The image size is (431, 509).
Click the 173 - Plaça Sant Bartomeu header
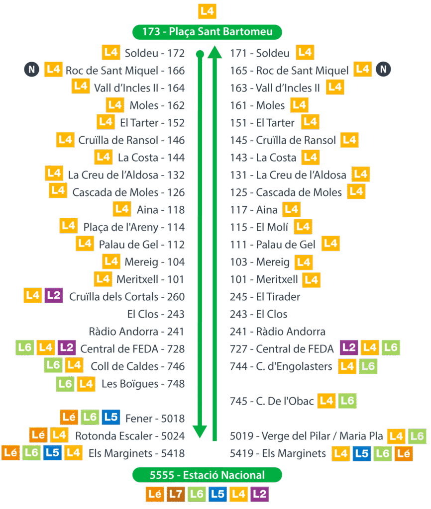pyautogui.click(x=207, y=32)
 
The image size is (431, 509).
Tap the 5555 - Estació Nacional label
pyautogui.click(x=207, y=475)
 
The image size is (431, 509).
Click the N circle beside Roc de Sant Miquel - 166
pyautogui.click(x=31, y=70)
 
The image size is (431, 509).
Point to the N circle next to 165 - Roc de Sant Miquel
pyautogui.click(x=383, y=69)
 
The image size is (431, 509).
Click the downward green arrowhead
pyautogui.click(x=200, y=430)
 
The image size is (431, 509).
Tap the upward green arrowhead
pyautogui.click(x=215, y=52)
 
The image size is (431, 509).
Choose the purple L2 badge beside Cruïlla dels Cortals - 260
pyautogui.click(x=53, y=296)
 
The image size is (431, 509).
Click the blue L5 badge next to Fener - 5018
pyautogui.click(x=110, y=417)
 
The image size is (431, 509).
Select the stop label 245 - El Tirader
pyautogui.click(x=265, y=297)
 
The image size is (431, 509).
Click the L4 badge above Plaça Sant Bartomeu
pyautogui.click(x=207, y=11)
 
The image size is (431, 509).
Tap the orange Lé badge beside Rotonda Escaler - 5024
pyautogui.click(x=38, y=435)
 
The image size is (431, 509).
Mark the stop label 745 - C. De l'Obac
pyautogui.click(x=272, y=401)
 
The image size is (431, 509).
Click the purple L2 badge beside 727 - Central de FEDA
pyautogui.click(x=349, y=347)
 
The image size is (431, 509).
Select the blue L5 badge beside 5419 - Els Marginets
pyautogui.click(x=362, y=453)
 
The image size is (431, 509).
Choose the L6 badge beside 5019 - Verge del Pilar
pyautogui.click(x=417, y=436)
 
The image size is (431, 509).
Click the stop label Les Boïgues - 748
pyautogui.click(x=143, y=384)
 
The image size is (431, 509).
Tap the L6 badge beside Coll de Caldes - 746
pyautogui.click(x=53, y=365)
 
